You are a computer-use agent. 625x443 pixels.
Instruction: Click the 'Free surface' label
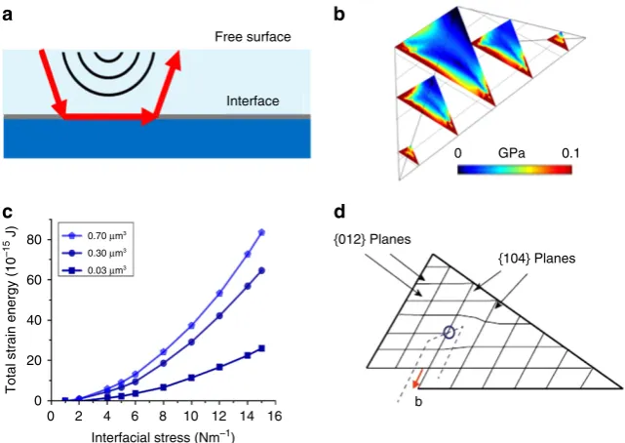point(253,37)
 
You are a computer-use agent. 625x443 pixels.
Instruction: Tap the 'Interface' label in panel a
point(253,101)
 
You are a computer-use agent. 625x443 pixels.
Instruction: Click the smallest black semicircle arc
point(108,57)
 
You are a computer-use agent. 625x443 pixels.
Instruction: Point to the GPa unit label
point(511,153)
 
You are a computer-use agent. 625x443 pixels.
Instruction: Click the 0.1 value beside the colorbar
point(570,153)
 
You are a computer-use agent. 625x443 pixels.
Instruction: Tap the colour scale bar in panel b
point(515,170)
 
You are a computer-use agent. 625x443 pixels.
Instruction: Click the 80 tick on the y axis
point(35,240)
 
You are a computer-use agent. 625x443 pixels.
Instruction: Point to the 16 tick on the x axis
point(275,416)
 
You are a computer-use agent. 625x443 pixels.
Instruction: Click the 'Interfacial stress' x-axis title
point(163,436)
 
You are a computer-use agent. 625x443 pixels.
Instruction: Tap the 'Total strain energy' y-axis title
point(11,310)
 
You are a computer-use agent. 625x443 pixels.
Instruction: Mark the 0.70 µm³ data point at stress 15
point(261,232)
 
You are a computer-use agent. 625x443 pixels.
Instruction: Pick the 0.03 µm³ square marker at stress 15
point(261,348)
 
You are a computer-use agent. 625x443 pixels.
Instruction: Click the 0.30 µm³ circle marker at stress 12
point(219,316)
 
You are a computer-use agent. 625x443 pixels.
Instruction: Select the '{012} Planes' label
point(372,239)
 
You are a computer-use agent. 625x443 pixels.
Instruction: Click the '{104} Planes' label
point(537,259)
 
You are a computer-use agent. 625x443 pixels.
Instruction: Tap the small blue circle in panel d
point(449,332)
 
